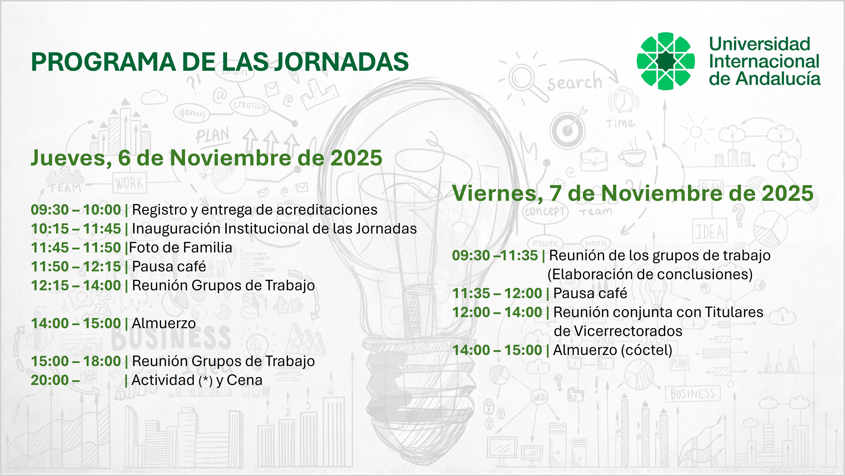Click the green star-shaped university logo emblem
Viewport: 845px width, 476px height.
coord(666,61)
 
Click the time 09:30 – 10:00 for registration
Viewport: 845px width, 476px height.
coord(76,210)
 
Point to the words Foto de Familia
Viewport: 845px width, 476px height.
coord(180,247)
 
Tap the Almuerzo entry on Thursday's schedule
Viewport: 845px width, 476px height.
coord(164,323)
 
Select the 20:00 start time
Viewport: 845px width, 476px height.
coord(50,380)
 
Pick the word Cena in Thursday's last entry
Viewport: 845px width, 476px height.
coord(244,380)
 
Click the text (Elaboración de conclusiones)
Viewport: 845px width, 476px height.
coord(650,274)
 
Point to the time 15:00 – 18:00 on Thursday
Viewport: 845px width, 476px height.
coord(76,361)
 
